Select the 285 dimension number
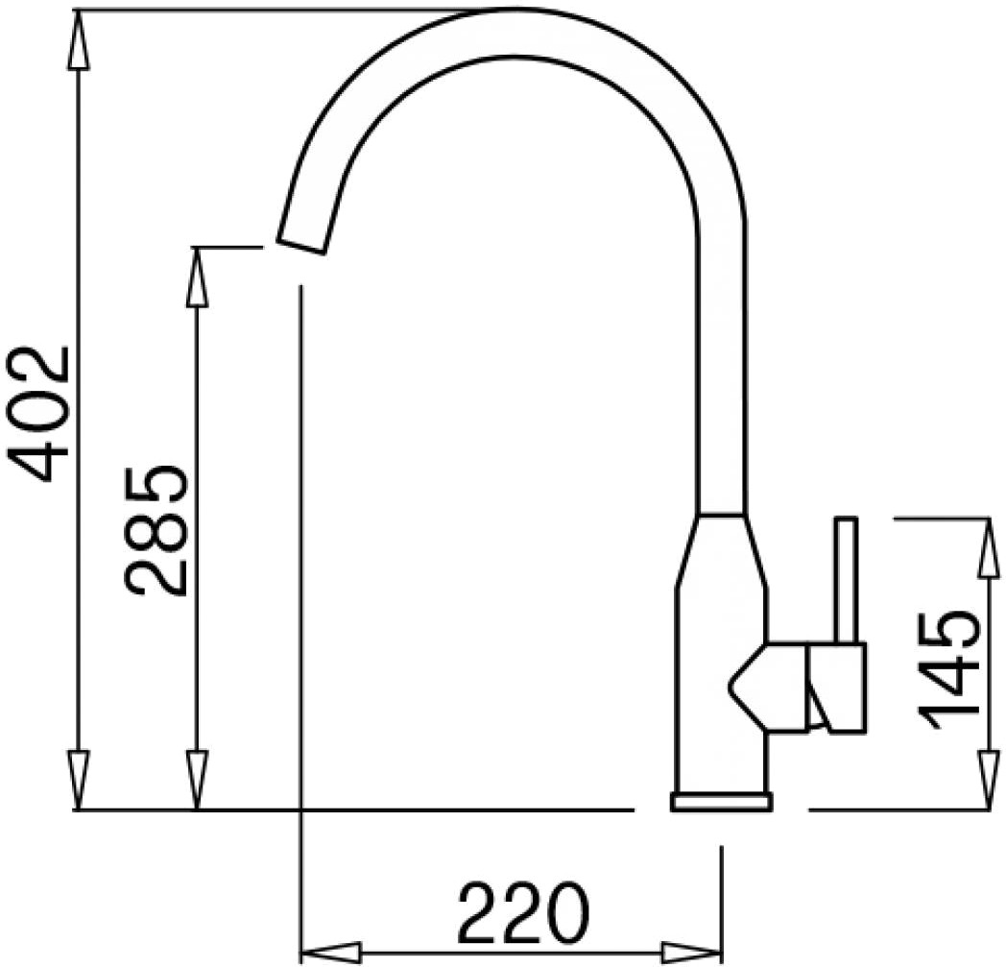[156, 530]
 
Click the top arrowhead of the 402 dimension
[78, 39]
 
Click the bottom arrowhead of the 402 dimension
[78, 781]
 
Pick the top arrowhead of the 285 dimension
[197, 277]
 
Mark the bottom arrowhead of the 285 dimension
[197, 781]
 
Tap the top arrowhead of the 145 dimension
[987, 547]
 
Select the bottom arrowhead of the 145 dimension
[987, 781]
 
